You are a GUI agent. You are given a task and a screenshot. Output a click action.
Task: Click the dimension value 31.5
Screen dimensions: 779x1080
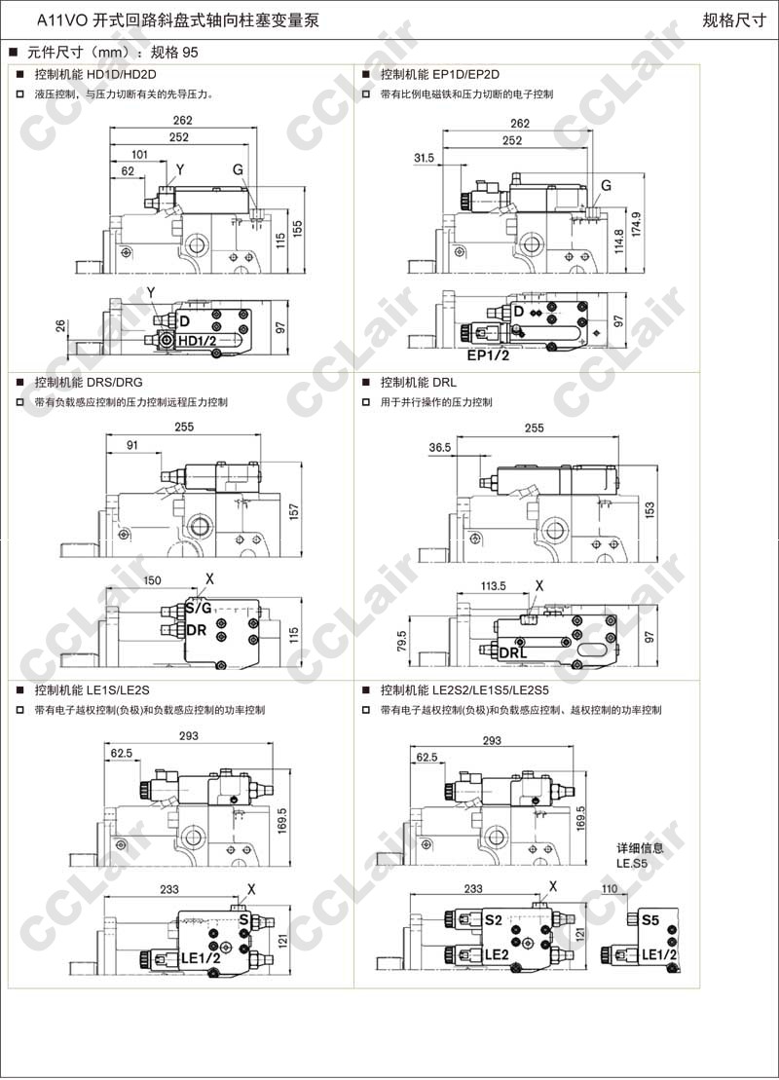pyautogui.click(x=425, y=158)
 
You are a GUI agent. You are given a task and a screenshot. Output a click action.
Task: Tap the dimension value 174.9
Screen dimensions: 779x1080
pyautogui.click(x=636, y=225)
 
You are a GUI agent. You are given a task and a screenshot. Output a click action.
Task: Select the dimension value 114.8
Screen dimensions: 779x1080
pyautogui.click(x=618, y=241)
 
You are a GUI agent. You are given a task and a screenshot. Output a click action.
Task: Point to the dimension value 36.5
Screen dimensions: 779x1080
pyautogui.click(x=439, y=447)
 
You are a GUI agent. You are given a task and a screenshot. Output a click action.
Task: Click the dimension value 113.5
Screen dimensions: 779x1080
pyautogui.click(x=493, y=586)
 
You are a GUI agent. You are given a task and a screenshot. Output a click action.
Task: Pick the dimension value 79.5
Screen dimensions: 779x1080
pyautogui.click(x=402, y=641)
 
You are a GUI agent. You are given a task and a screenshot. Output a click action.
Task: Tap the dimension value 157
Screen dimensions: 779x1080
pyautogui.click(x=294, y=511)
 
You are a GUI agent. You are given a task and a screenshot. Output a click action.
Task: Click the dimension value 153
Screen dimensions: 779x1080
pyautogui.click(x=649, y=509)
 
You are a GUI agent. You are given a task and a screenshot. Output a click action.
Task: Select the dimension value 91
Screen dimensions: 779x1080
pyautogui.click(x=132, y=445)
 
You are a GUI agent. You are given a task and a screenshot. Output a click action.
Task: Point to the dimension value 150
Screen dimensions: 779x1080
pyautogui.click(x=152, y=580)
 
